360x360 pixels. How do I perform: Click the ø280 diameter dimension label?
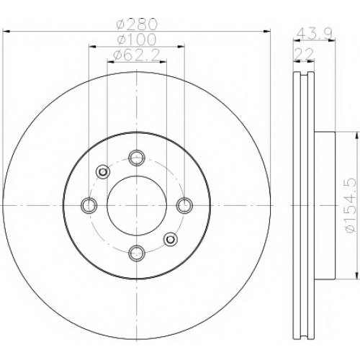137,24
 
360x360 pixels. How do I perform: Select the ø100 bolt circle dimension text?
137,40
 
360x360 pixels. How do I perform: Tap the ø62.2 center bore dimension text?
137,55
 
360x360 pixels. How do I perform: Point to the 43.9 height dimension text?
314,34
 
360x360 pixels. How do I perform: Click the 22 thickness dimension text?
304,55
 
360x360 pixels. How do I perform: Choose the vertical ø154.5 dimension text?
351,205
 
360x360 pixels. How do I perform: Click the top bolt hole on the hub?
137,158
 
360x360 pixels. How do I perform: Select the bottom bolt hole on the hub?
137,253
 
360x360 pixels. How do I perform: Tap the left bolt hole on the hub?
89,205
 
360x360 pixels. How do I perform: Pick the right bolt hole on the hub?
184,205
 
